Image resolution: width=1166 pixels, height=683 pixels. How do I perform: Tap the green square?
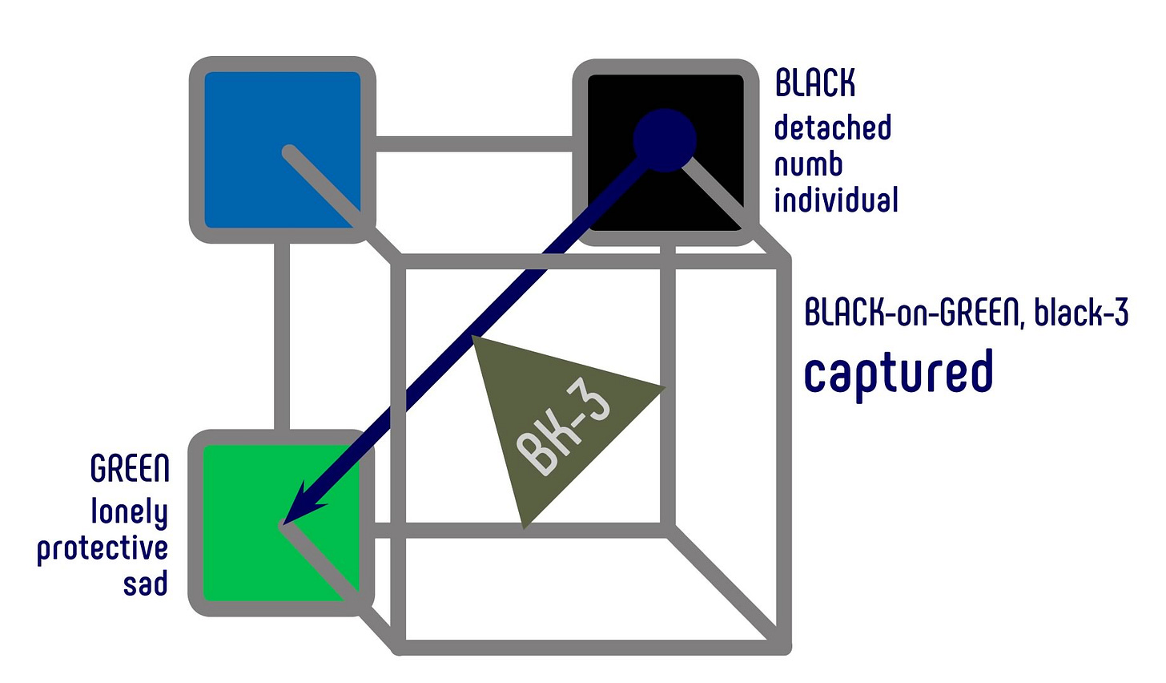click(x=240, y=561)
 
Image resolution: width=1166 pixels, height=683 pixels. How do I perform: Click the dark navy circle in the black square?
click(x=665, y=139)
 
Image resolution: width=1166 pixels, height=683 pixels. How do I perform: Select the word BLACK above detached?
click(x=815, y=83)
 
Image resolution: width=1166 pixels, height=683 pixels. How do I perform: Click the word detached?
click(x=833, y=127)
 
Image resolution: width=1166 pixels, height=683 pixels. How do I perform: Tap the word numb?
click(x=808, y=164)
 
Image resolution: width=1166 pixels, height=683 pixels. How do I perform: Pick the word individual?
click(x=836, y=200)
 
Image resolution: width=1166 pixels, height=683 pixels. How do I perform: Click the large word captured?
click(x=899, y=372)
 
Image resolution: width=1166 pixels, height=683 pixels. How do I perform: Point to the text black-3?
click(x=1081, y=313)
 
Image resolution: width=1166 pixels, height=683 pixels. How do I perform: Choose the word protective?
click(x=103, y=549)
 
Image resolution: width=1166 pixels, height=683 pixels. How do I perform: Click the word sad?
click(x=145, y=584)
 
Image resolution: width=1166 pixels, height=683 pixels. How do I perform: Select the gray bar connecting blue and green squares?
click(x=282, y=337)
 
